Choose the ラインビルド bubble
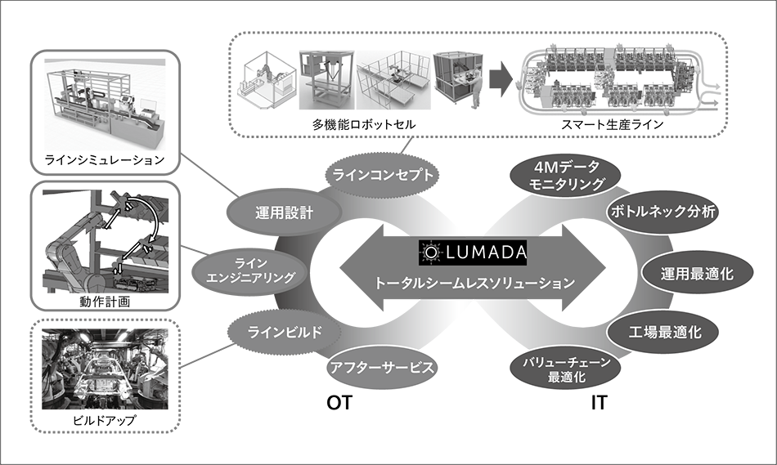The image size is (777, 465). point(283,333)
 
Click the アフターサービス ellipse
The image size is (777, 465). point(380,367)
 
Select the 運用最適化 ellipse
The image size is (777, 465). point(698,274)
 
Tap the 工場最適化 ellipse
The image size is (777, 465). point(663,333)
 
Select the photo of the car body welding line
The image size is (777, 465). point(106,373)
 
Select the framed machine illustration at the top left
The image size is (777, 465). point(106,106)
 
